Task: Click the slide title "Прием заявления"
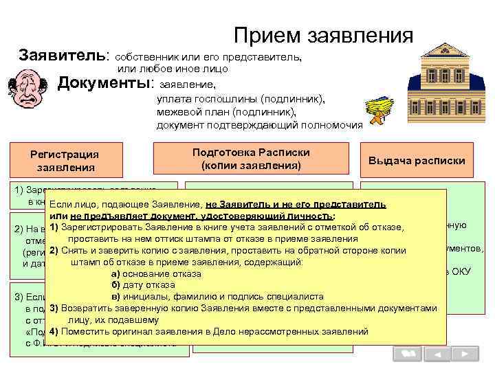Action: point(323,35)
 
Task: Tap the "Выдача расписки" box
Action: point(417,160)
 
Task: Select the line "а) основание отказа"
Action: point(156,273)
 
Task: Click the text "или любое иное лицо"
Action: point(173,69)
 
